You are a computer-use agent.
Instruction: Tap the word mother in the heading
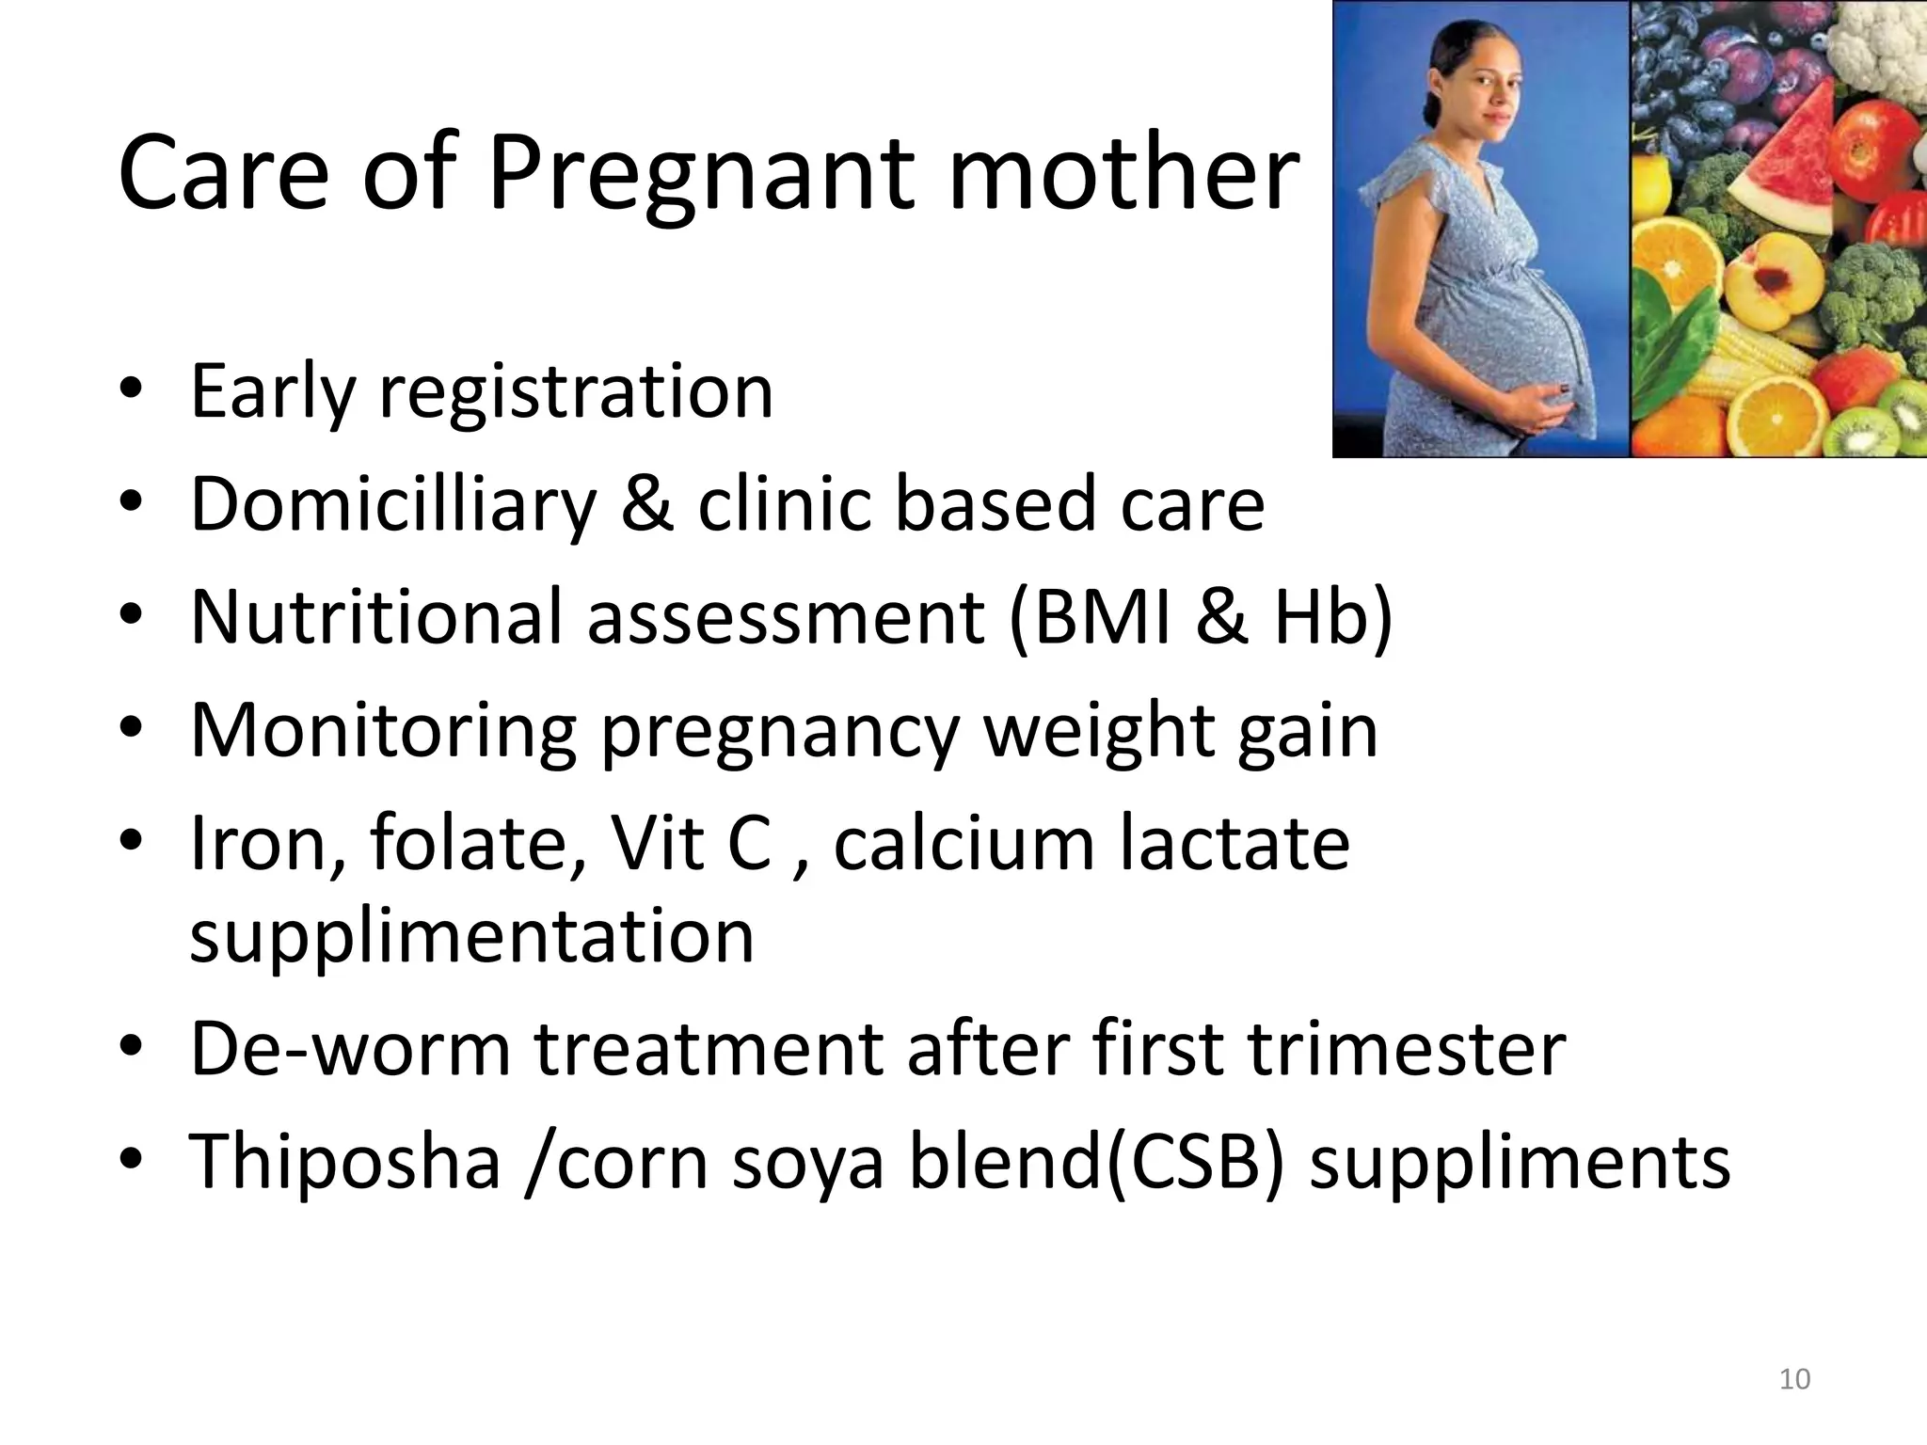(x=1123, y=175)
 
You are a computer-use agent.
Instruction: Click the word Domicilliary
(x=393, y=504)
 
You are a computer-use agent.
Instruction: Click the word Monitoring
(x=383, y=730)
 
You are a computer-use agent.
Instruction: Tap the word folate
(x=478, y=843)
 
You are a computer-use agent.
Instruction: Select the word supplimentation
(x=471, y=937)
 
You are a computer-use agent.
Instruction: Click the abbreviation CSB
(x=1194, y=1161)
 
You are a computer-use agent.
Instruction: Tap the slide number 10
(x=1795, y=1379)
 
